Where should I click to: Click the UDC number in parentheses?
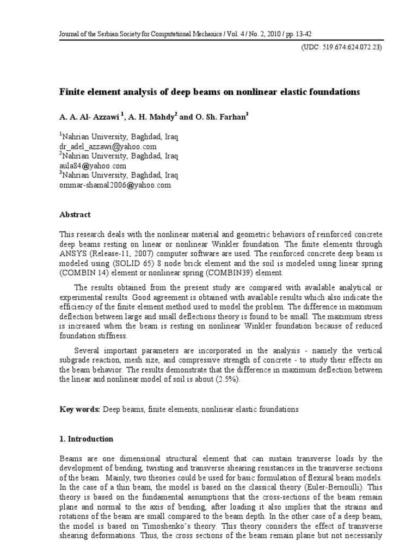click(341, 47)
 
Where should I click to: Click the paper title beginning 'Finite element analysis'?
click(210, 92)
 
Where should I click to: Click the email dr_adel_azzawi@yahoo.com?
click(108, 147)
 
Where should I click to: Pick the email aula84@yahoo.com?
click(93, 166)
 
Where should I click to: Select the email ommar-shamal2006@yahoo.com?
click(115, 185)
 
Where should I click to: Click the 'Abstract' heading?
click(75, 215)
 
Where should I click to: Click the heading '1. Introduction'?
click(86, 438)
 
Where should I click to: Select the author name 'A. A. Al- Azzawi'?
click(90, 116)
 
